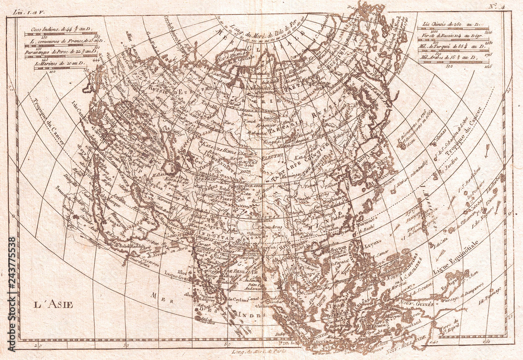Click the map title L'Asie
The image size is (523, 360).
click(54, 305)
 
